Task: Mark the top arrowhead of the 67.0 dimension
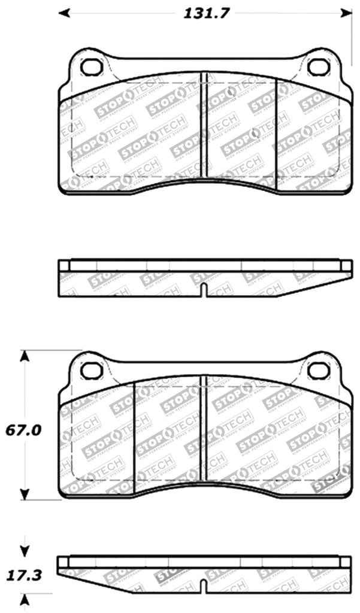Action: click(x=24, y=357)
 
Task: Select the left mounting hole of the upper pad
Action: click(x=91, y=67)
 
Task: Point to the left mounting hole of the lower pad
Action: click(x=91, y=370)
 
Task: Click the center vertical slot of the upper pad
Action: click(x=204, y=126)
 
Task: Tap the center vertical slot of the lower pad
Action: click(x=204, y=428)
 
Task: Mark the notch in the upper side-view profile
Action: click(x=204, y=290)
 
